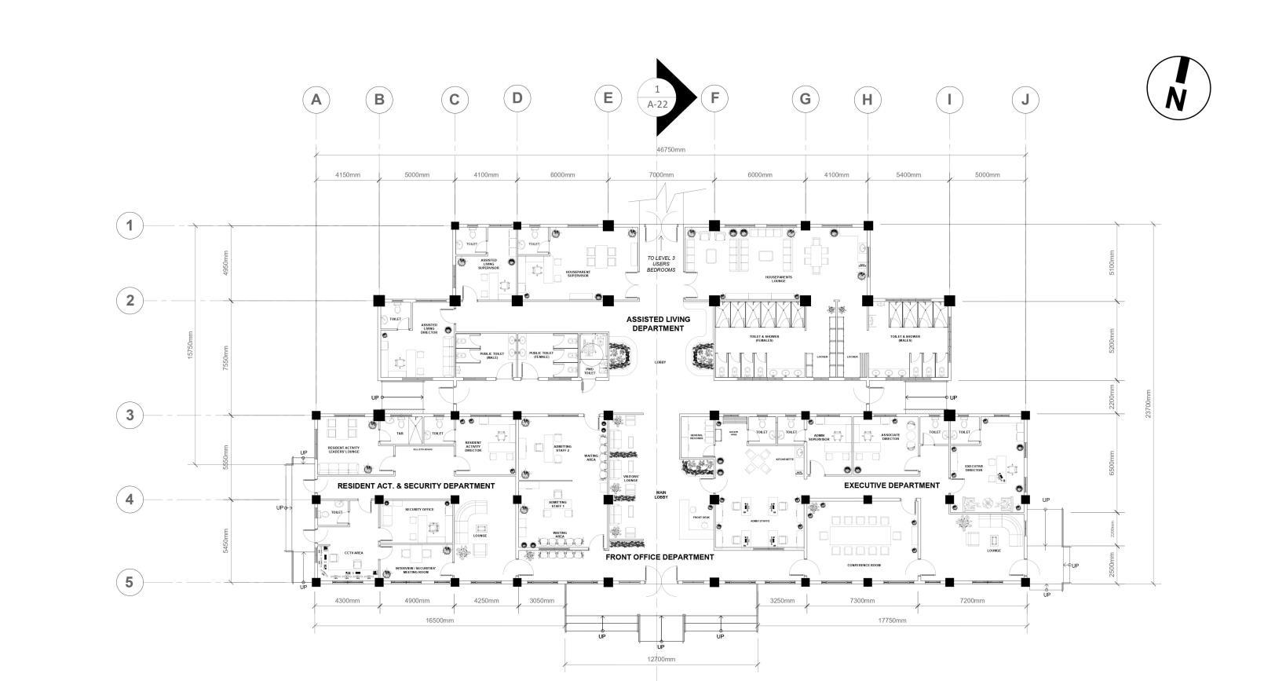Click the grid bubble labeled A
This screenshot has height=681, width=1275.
point(316,100)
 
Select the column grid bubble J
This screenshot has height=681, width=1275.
point(1025,100)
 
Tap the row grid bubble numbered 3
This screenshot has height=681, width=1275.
point(130,416)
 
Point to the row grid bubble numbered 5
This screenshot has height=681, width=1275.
point(130,583)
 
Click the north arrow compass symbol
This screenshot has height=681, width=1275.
point(1178,87)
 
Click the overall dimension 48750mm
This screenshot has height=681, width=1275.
point(670,149)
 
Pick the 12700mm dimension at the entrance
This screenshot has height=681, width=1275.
point(661,659)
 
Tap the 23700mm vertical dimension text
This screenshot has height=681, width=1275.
point(1148,405)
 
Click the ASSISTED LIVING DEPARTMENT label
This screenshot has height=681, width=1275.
point(658,324)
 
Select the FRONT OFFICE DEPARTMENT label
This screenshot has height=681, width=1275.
point(659,557)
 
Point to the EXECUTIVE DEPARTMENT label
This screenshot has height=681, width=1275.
point(891,485)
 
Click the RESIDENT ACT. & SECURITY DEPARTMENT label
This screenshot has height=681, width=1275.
point(416,486)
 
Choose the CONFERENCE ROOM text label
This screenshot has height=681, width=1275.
point(864,566)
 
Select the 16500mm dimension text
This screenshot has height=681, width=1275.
point(440,621)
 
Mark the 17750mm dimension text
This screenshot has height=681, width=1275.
point(892,621)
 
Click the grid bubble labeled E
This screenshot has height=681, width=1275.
point(608,99)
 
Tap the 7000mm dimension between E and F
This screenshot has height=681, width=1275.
point(661,175)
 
